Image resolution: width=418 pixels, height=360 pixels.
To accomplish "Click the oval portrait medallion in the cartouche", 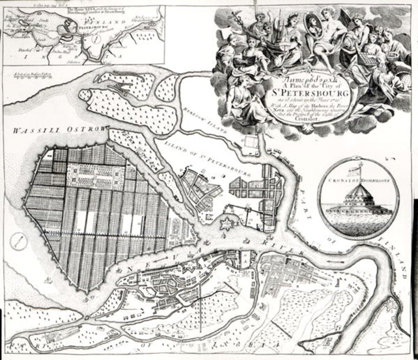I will click(313, 25).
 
